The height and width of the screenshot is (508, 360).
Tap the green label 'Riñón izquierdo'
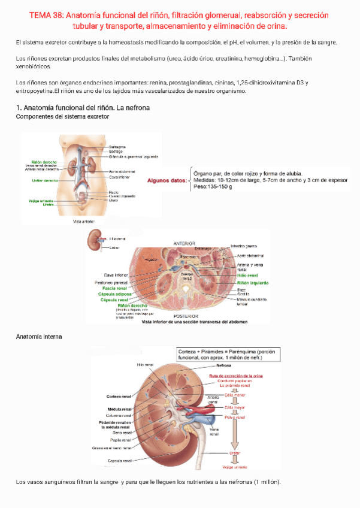coord(252,282)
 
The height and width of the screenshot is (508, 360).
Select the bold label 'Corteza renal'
coord(119,397)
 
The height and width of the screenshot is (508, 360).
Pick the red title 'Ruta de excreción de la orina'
coord(237,376)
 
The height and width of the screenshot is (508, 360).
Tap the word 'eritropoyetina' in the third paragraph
coord(34,91)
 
